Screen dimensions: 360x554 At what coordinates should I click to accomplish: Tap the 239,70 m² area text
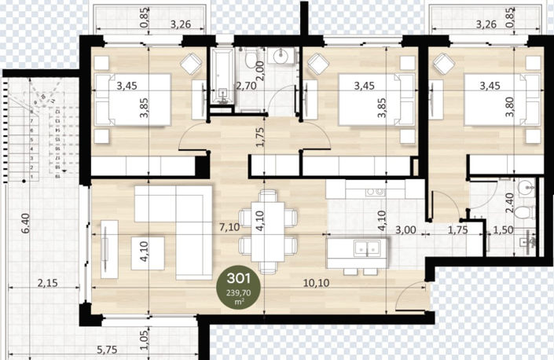click(x=239, y=295)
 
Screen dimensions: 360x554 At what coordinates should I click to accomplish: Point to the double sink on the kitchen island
click(x=365, y=249)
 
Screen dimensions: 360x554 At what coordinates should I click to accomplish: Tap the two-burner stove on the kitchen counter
click(x=373, y=190)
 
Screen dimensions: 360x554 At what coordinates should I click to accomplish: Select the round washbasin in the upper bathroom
click(x=281, y=57)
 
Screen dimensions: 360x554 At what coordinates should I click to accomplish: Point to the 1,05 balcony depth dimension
click(x=145, y=339)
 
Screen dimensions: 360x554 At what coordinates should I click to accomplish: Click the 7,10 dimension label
click(x=229, y=228)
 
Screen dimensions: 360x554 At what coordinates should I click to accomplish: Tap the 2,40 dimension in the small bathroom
click(x=508, y=204)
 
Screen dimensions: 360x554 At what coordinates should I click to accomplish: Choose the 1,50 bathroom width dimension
click(x=504, y=230)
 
